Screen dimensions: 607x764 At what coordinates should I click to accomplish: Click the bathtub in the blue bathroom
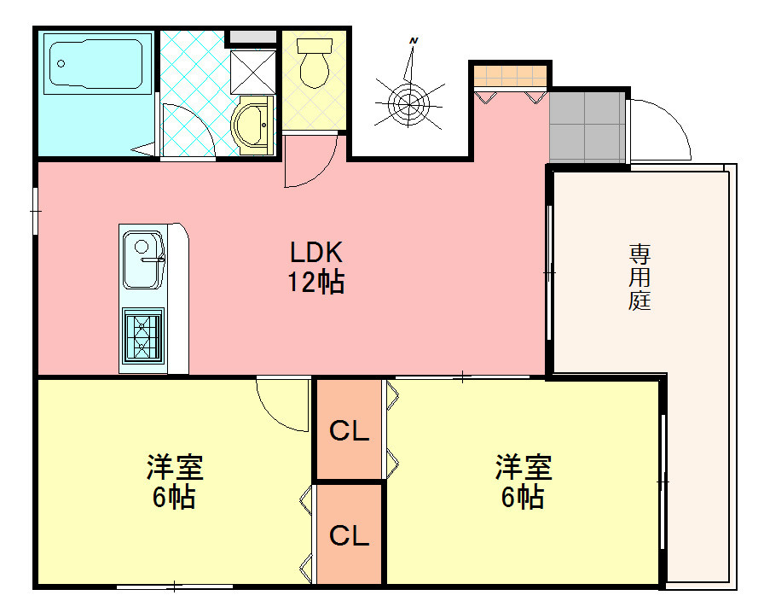[95, 65]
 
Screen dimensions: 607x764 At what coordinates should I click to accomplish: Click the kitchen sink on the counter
[142, 260]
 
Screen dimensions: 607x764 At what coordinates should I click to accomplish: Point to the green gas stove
[143, 336]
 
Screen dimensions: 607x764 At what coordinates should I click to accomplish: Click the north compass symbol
[409, 98]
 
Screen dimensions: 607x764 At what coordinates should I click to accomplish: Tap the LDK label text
[315, 253]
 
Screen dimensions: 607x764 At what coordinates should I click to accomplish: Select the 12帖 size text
[315, 282]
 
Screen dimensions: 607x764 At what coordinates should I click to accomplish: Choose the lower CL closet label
[349, 536]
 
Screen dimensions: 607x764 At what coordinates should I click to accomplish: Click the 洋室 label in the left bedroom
[174, 468]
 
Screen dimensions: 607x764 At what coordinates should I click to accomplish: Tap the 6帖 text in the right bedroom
[523, 497]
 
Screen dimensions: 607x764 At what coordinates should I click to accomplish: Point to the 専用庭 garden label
[640, 277]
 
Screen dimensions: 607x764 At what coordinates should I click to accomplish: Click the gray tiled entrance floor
[587, 126]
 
